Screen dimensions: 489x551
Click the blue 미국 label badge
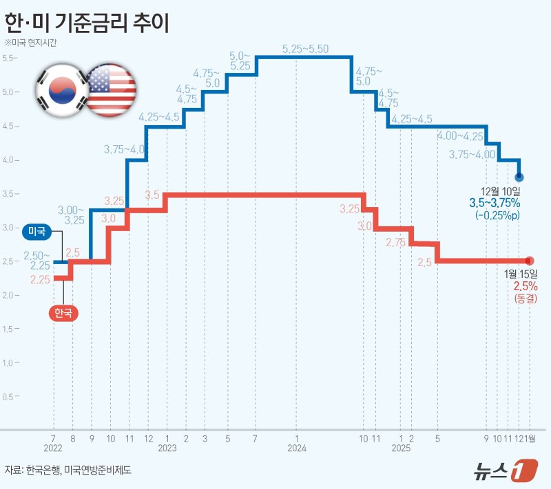pos(37,232)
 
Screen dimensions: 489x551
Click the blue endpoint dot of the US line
pos(519,177)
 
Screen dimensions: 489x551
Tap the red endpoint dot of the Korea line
pos(530,261)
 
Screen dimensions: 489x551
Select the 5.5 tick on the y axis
pos(10,58)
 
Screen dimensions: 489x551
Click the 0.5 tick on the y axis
pos(10,397)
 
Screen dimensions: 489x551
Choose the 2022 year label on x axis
pos(53,448)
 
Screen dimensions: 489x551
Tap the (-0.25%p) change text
pos(497,216)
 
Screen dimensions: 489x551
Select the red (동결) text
pos(525,298)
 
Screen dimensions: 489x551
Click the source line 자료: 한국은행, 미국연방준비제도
pos(67,470)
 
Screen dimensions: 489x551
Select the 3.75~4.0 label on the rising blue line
pos(125,149)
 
